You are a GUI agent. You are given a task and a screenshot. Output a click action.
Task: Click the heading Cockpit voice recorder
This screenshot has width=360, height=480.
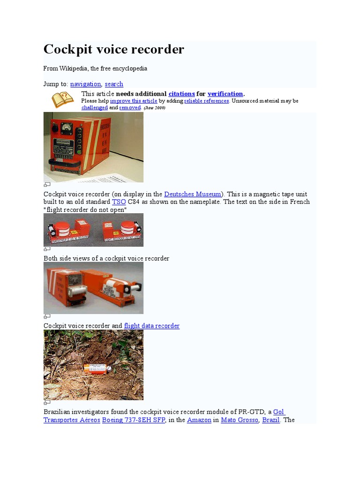pos(114,49)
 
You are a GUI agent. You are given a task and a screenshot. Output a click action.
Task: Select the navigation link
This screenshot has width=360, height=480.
pos(85,84)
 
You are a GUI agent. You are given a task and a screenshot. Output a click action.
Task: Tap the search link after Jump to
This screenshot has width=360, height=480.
pos(114,84)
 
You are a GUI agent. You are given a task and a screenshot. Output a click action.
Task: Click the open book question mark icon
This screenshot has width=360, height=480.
pos(62,100)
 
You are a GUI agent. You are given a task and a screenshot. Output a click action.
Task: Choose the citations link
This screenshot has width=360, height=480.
pos(181,94)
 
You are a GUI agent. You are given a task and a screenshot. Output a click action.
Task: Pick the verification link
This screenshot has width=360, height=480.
pos(225,94)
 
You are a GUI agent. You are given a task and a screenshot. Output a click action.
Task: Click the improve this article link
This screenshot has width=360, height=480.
pos(134,101)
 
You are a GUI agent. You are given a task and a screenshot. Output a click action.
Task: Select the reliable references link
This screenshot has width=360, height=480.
pos(207,101)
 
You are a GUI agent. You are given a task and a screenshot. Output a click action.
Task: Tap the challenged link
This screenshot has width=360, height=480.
pos(95,107)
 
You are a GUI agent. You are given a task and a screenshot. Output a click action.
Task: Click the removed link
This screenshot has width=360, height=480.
pos(130,107)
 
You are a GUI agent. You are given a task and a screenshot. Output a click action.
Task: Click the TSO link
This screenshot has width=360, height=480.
pos(119,202)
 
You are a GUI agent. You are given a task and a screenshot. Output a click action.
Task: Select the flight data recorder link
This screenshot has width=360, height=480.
pos(151,326)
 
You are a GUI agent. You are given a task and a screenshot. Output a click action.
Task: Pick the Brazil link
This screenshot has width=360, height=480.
pos(271,420)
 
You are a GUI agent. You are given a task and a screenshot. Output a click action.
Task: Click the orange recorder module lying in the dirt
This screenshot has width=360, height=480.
pos(95,368)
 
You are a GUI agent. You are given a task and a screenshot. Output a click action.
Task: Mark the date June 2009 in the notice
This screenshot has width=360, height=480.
pos(154,108)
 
